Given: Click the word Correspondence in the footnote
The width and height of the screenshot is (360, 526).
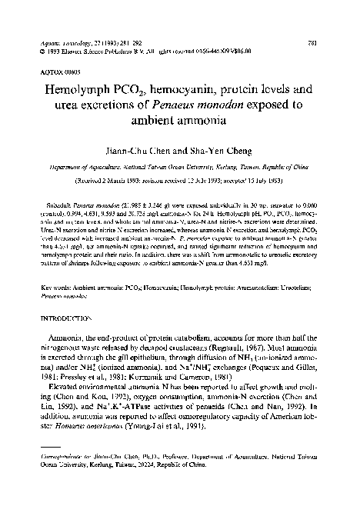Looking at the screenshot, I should pos(58,478).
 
